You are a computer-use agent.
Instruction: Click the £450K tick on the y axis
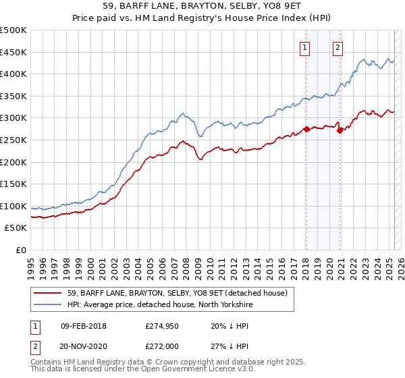click(14, 52)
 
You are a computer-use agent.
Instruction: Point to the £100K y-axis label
click(14, 206)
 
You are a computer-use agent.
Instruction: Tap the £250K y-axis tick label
click(14, 140)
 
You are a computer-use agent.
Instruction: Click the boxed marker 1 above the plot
click(306, 47)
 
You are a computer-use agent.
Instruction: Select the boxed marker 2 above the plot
click(337, 47)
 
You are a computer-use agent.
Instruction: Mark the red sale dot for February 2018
click(306, 129)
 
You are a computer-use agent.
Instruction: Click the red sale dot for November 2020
click(340, 130)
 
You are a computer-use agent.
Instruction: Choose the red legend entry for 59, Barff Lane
click(178, 293)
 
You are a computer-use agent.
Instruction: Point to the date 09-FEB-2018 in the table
click(84, 326)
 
